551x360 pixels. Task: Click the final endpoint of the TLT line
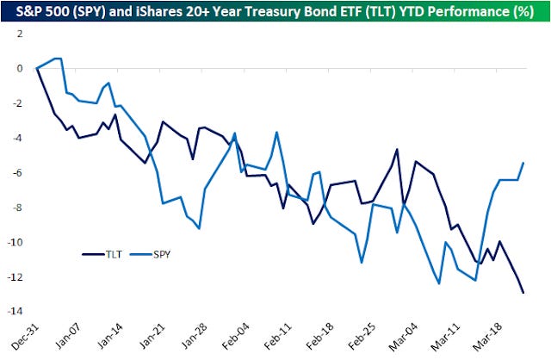click(x=523, y=293)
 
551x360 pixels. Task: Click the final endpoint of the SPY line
click(x=523, y=163)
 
